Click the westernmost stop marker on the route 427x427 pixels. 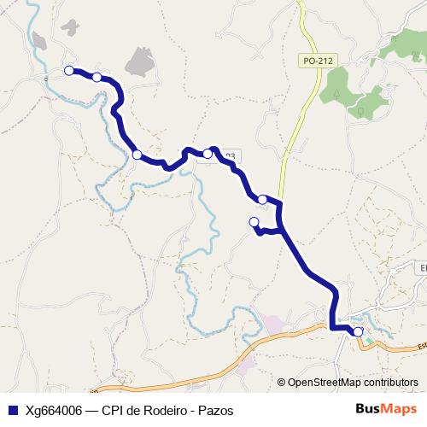click(69, 71)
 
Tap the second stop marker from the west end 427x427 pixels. click(97, 78)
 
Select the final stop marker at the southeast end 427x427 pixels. click(358, 331)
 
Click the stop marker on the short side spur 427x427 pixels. click(253, 222)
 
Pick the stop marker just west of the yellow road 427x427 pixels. click(262, 200)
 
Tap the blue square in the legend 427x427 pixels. click(12, 409)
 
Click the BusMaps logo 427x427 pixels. click(387, 408)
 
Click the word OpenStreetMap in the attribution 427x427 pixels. click(321, 383)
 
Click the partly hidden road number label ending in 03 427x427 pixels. click(228, 156)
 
